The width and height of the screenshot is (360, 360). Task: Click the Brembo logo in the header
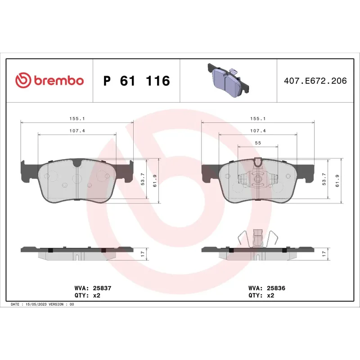click(x=49, y=81)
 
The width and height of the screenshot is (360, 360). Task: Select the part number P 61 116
click(x=136, y=81)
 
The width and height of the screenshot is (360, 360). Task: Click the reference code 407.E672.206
click(x=315, y=81)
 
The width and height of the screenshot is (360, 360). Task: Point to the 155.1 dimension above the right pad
click(x=258, y=119)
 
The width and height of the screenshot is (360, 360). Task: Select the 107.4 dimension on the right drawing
click(x=258, y=130)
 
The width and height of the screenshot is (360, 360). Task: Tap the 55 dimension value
click(x=258, y=143)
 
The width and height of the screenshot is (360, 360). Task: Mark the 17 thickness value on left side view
click(x=143, y=254)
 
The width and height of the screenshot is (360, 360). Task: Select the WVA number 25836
click(x=274, y=288)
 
